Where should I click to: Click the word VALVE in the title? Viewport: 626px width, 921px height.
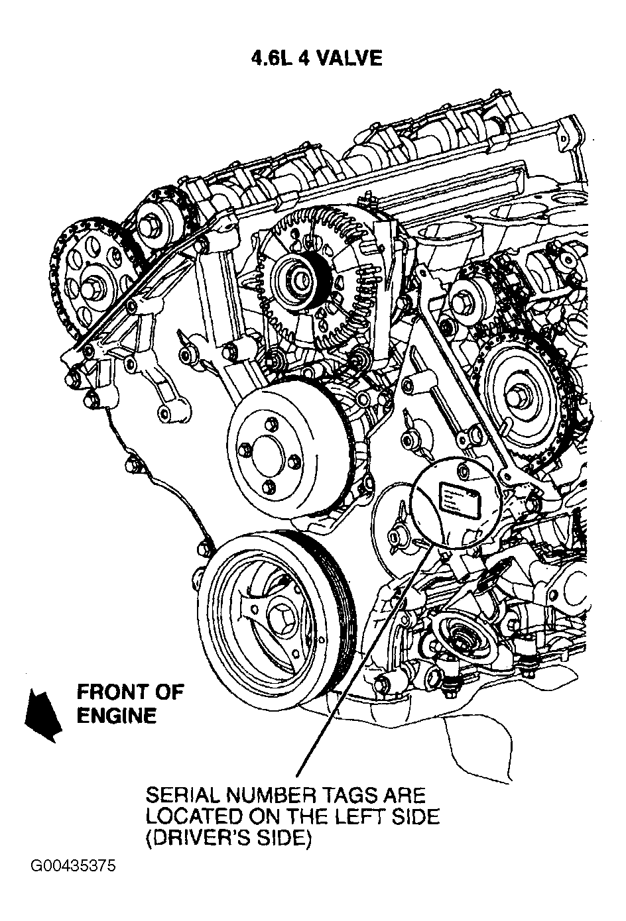pos(351,58)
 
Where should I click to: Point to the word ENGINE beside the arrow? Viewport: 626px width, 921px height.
pos(117,716)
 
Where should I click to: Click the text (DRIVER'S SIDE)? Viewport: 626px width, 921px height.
pos(227,839)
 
